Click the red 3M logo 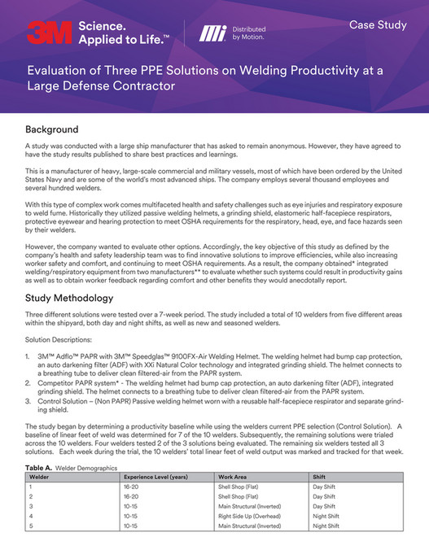click(48, 32)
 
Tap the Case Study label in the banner click(378, 25)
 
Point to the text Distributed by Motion click(249, 33)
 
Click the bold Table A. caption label click(41, 469)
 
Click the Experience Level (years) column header click(155, 478)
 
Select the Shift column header click(319, 478)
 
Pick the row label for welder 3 click(31, 506)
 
